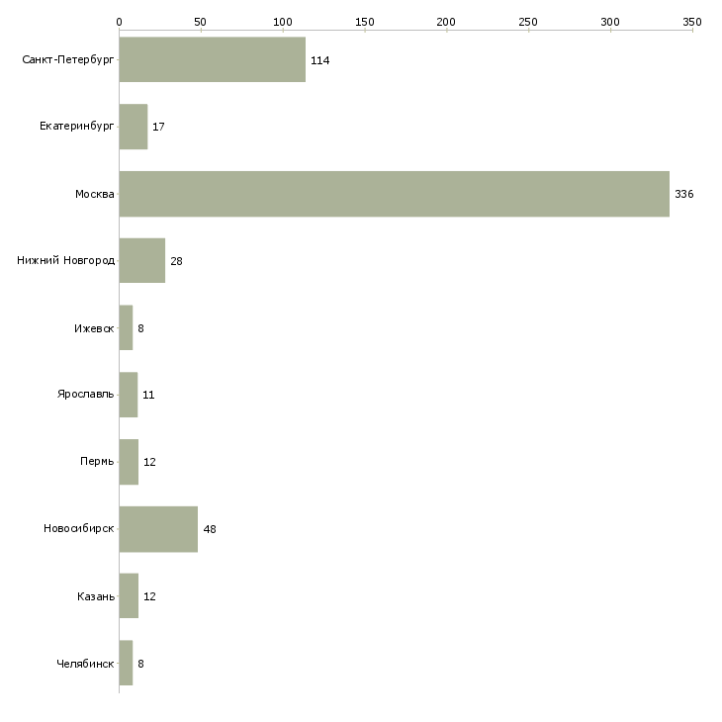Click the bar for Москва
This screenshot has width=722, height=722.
pos(394,194)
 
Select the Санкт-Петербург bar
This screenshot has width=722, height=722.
pos(212,59)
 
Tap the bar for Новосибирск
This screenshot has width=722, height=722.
pos(158,529)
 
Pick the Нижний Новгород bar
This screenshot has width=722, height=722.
pos(141,261)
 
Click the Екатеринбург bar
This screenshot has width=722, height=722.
pos(133,127)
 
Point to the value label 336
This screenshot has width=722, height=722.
pos(684,194)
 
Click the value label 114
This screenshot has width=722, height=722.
pos(319,60)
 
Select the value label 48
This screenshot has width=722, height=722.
pos(210,529)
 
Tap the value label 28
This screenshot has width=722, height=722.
pos(176,261)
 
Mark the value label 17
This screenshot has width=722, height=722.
pos(158,127)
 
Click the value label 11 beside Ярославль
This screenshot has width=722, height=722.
pos(148,395)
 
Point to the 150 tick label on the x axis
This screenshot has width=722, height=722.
pos(365,21)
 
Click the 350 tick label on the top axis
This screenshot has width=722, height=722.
pos(692,21)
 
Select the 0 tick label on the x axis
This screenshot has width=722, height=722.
pos(119,21)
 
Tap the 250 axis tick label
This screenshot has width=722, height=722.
pos(528,21)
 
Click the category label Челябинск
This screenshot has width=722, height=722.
pos(85,664)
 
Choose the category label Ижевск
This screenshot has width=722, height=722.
pos(94,328)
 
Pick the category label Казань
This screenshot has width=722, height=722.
pos(96,596)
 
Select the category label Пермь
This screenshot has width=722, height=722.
pos(97,462)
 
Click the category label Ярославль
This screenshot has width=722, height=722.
pos(86,395)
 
